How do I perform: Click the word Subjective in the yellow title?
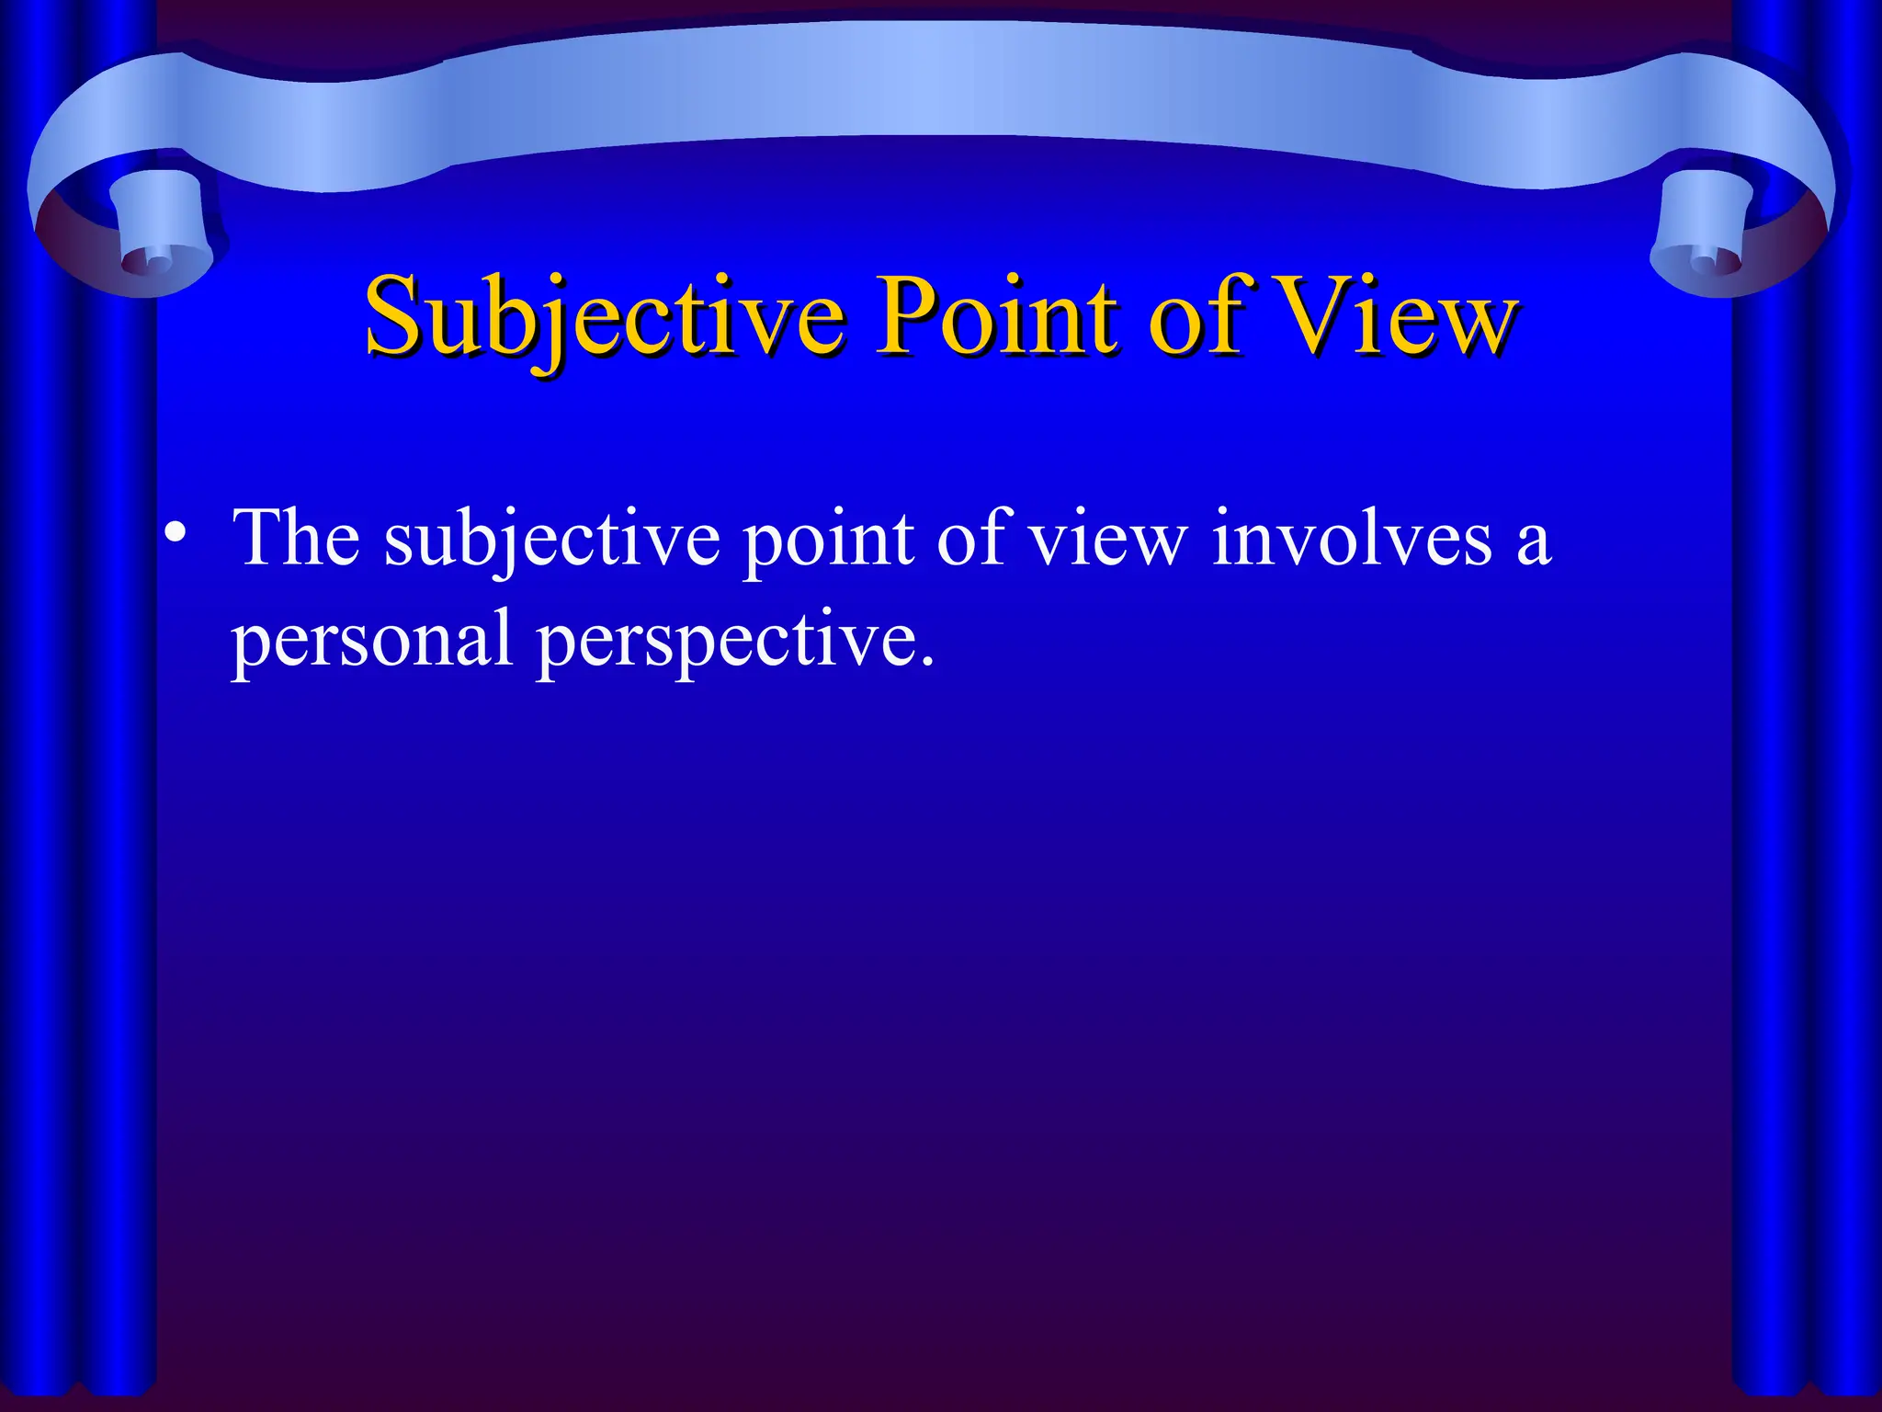point(603,317)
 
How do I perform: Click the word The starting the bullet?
point(296,538)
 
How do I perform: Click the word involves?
point(1352,538)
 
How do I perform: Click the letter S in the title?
point(393,317)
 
